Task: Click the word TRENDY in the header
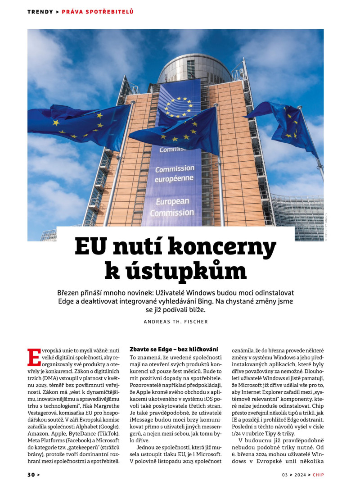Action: pos(40,12)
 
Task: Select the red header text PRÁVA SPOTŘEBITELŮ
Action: pos(98,12)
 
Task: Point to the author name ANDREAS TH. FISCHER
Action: pos(176,322)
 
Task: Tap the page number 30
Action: pos(31,475)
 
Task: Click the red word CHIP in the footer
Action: pos(318,475)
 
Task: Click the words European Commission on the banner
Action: pos(172,207)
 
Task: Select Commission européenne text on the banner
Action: pos(175,173)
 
